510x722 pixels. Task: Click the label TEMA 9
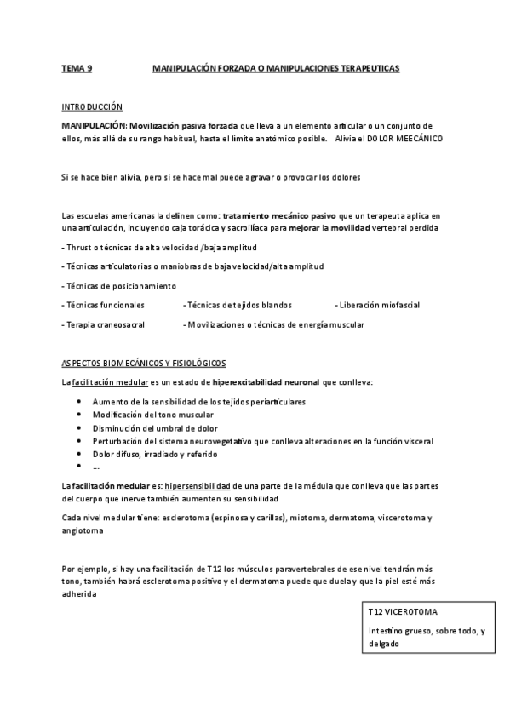(x=77, y=66)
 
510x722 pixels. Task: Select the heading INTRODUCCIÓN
(x=92, y=107)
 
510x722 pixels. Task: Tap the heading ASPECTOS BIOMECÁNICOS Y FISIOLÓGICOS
(x=143, y=363)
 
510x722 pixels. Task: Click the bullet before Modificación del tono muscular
(x=78, y=414)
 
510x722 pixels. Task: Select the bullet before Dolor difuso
(x=78, y=454)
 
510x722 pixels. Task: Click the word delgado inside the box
(x=383, y=645)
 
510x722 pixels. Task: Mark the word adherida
(x=80, y=595)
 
